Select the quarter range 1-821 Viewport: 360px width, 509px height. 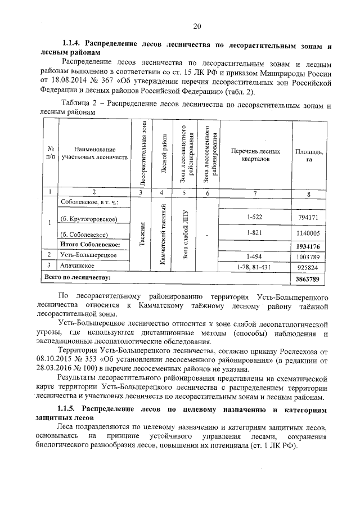254,233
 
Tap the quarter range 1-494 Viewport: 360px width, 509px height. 254,256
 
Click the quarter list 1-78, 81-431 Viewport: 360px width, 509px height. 254,266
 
